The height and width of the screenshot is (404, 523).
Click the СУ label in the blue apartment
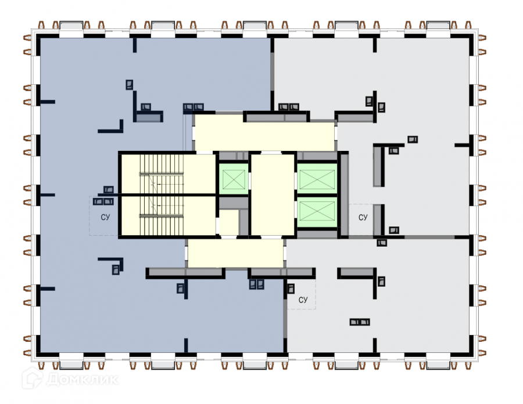tap(105, 217)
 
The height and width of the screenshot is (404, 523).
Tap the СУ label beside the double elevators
tap(363, 218)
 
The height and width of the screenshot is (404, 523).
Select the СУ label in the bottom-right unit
tap(302, 300)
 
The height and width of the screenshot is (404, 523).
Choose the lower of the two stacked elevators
tap(317, 213)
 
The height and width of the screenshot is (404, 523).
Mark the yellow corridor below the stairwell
tap(235, 254)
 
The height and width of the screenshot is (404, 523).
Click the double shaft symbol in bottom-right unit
tap(360, 322)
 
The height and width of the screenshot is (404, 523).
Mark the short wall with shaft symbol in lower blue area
tap(110, 260)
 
